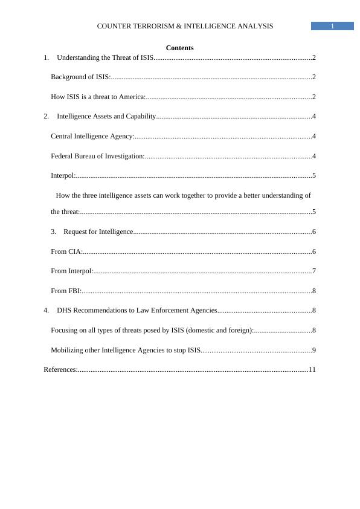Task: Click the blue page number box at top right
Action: point(332,26)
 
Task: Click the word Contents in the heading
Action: point(179,48)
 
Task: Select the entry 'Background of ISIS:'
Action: point(80,77)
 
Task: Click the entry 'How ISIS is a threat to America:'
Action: point(98,97)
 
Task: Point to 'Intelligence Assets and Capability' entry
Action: point(106,116)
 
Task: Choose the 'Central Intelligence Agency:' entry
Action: point(92,136)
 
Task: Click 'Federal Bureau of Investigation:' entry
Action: point(97,156)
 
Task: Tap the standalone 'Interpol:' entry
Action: point(63,175)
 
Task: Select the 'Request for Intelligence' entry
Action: point(98,232)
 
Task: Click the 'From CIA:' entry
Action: point(66,251)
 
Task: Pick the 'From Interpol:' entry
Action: point(72,271)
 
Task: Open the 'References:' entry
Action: point(60,369)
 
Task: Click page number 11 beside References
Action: point(312,369)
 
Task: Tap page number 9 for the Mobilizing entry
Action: point(314,350)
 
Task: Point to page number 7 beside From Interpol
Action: point(314,271)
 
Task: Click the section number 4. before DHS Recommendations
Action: point(47,310)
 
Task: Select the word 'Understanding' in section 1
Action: point(77,57)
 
